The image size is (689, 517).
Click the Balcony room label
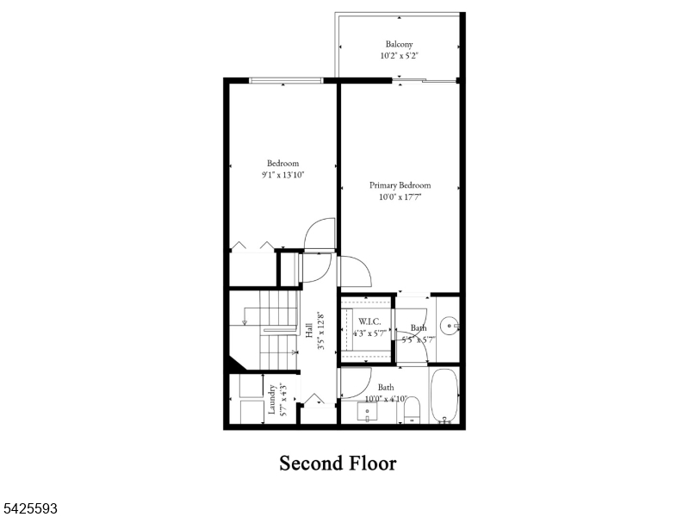[399, 44]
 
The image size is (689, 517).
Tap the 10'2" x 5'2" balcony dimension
[399, 56]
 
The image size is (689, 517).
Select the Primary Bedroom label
[400, 185]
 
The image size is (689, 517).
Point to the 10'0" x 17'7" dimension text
[400, 197]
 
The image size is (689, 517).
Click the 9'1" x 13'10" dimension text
[282, 175]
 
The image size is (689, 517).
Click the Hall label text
[308, 332]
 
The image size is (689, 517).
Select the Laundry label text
[271, 400]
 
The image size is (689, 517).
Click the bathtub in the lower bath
[445, 396]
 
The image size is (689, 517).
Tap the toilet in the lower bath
[411, 408]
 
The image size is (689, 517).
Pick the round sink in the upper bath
[448, 327]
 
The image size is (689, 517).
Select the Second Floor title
[338, 464]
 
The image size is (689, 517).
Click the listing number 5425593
[30, 509]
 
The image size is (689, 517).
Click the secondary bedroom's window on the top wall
[286, 81]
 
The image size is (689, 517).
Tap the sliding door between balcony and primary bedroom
[424, 81]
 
